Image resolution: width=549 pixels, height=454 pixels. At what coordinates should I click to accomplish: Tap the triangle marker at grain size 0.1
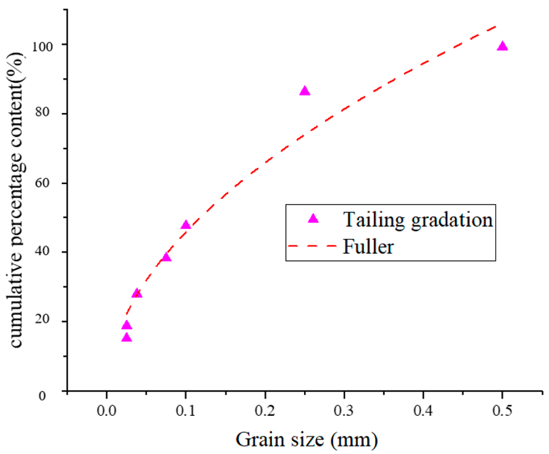pos(186,225)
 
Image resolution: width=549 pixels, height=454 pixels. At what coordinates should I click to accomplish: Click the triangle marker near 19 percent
pos(127,325)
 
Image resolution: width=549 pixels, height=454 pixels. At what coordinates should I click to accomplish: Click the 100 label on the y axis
pos(42,47)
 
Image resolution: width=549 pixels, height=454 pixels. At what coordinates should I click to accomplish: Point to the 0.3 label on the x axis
pos(344,411)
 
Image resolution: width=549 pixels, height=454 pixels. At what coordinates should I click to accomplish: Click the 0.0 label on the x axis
pos(106,411)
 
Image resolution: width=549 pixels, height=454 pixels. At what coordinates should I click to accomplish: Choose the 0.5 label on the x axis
pos(502,411)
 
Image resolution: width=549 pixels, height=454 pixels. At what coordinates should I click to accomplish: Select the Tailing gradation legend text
pos(418,220)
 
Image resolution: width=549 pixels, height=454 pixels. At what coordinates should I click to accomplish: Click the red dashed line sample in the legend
pos(312,246)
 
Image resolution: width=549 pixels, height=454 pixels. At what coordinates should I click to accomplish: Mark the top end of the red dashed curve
pos(495,26)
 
